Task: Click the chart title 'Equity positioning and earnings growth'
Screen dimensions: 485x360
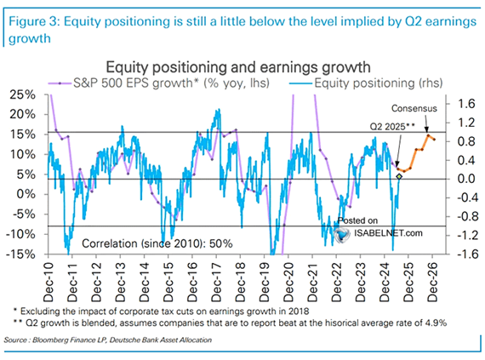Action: [x=238, y=67]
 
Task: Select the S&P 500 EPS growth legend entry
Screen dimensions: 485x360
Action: [x=158, y=83]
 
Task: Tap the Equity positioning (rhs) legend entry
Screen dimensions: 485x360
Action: [x=366, y=83]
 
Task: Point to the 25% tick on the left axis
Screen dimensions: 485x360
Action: [x=23, y=94]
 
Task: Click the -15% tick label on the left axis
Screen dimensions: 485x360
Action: [x=20, y=254]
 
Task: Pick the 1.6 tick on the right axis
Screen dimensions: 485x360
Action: [x=466, y=104]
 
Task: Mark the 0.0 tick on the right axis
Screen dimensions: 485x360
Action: [x=466, y=179]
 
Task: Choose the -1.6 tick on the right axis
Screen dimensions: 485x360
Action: [x=464, y=254]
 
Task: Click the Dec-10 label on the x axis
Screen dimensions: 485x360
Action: [x=48, y=283]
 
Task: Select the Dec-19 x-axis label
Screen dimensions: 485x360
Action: [x=265, y=283]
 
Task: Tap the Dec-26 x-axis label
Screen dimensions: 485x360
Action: [x=432, y=283]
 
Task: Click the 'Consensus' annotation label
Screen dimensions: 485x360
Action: [x=414, y=109]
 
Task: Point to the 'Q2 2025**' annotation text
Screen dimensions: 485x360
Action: [x=392, y=127]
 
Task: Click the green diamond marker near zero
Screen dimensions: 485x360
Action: [x=399, y=176]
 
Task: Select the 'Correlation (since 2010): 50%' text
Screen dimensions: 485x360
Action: [x=157, y=243]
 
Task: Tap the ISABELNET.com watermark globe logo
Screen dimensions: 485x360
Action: [x=342, y=235]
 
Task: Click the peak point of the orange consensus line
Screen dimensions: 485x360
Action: [x=428, y=135]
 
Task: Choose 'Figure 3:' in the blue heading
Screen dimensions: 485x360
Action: [x=34, y=21]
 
